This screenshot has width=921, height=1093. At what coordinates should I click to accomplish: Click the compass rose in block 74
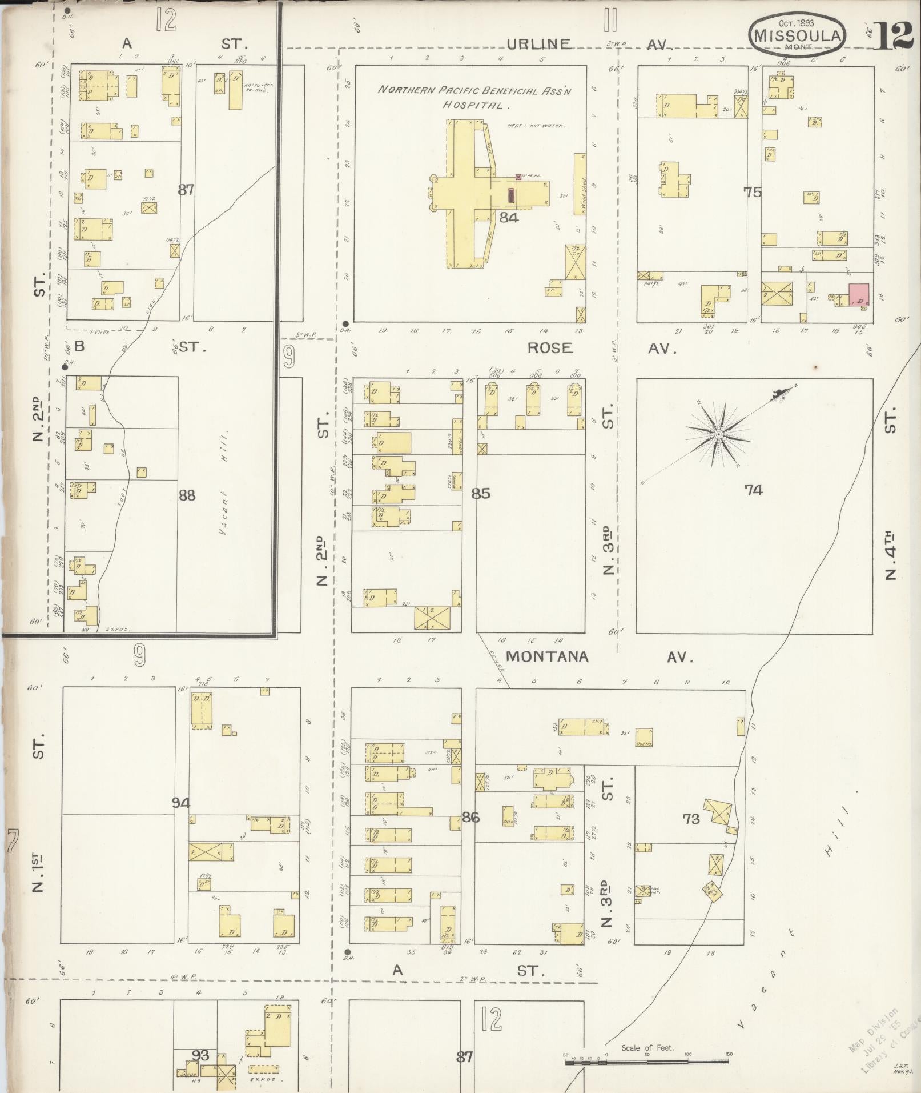(718, 435)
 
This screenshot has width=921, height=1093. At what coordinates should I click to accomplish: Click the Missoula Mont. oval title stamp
(797, 34)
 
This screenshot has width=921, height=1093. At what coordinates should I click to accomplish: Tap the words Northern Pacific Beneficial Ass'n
(475, 90)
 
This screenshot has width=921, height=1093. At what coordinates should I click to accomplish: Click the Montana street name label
(546, 656)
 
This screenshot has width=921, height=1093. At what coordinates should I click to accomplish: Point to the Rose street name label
(549, 348)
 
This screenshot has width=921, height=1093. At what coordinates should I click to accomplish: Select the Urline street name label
(538, 44)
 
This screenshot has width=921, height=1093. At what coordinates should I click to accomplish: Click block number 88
(187, 495)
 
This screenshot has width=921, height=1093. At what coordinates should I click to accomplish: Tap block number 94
(181, 803)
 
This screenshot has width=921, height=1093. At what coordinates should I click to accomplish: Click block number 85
(481, 493)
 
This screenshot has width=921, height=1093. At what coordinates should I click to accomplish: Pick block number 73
(691, 819)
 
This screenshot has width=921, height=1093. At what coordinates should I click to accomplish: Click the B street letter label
(79, 346)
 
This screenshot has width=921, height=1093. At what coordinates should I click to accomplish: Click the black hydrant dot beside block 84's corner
(346, 323)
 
